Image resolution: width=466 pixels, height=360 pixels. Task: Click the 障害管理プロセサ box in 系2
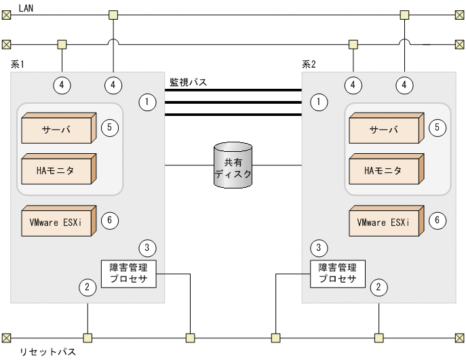337,273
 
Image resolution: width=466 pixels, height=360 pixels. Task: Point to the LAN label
28,7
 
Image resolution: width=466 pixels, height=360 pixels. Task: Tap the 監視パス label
188,82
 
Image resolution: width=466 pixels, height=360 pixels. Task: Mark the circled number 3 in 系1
147,247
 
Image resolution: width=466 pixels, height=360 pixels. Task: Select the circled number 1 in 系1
147,102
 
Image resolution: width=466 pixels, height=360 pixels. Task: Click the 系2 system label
309,64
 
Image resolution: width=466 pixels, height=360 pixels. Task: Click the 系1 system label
18,64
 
